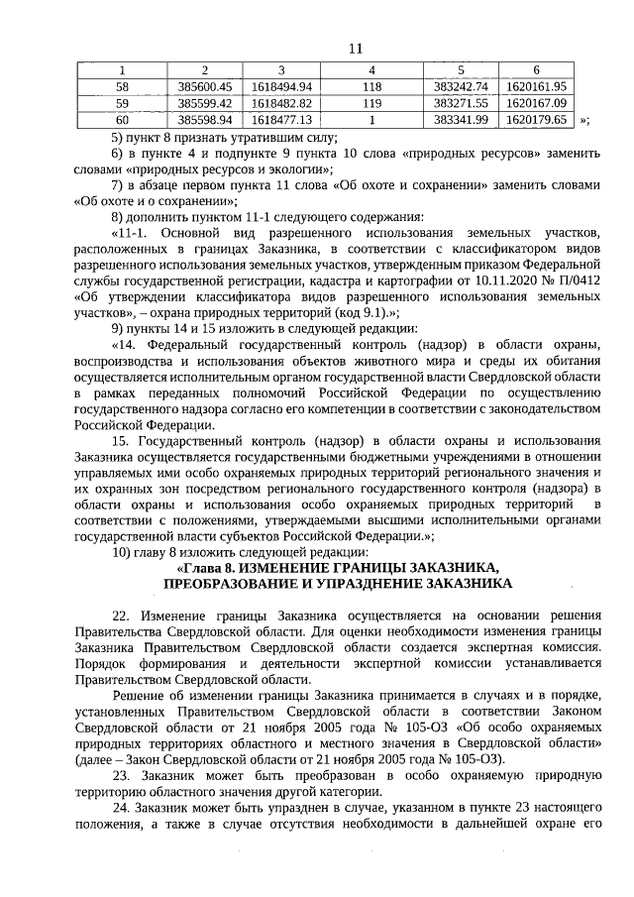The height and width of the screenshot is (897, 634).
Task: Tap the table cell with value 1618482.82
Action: click(282, 103)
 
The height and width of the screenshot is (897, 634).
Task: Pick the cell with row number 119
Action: click(371, 103)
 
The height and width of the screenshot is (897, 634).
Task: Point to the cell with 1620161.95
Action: click(534, 86)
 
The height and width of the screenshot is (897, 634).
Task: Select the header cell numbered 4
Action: click(371, 70)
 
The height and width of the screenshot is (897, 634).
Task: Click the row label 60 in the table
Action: click(122, 120)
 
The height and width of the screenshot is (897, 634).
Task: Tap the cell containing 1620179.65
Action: click(534, 120)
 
